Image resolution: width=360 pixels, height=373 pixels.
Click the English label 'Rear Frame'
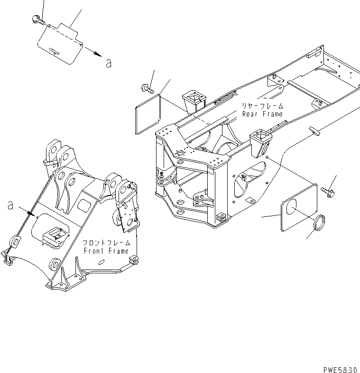coord(262,114)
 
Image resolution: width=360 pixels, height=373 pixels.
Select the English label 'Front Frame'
coord(106,251)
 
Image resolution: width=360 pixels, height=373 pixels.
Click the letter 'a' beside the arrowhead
coord(109,62)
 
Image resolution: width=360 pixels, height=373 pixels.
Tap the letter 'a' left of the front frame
coord(9,205)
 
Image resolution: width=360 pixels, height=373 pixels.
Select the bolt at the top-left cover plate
coord(37,19)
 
